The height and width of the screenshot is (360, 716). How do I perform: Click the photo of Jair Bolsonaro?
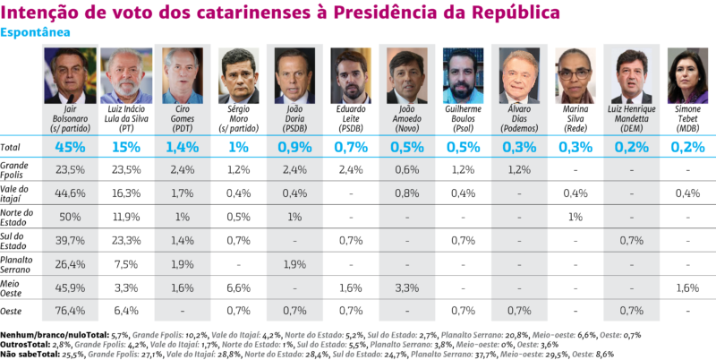(68, 76)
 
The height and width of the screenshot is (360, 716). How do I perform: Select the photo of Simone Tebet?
(687, 76)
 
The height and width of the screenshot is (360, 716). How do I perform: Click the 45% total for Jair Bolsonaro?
(69, 146)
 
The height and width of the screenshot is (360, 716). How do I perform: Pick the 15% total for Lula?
(125, 146)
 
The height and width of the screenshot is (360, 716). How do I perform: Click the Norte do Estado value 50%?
(69, 216)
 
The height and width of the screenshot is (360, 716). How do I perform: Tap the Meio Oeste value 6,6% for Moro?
(238, 287)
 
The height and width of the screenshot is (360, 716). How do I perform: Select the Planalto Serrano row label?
(19, 263)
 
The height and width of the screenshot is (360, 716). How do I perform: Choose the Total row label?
(12, 146)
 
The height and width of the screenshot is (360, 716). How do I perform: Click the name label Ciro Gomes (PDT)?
(182, 120)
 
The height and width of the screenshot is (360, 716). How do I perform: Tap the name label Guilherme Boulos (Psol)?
(463, 120)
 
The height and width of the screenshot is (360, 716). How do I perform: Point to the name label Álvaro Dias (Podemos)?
(519, 120)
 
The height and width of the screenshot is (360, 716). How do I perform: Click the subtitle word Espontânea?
(34, 32)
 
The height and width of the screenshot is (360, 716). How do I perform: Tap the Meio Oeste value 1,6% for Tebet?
(687, 287)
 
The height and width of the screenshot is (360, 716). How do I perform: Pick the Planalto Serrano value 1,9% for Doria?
(294, 263)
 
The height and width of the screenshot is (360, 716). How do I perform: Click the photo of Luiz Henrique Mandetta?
(632, 76)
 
